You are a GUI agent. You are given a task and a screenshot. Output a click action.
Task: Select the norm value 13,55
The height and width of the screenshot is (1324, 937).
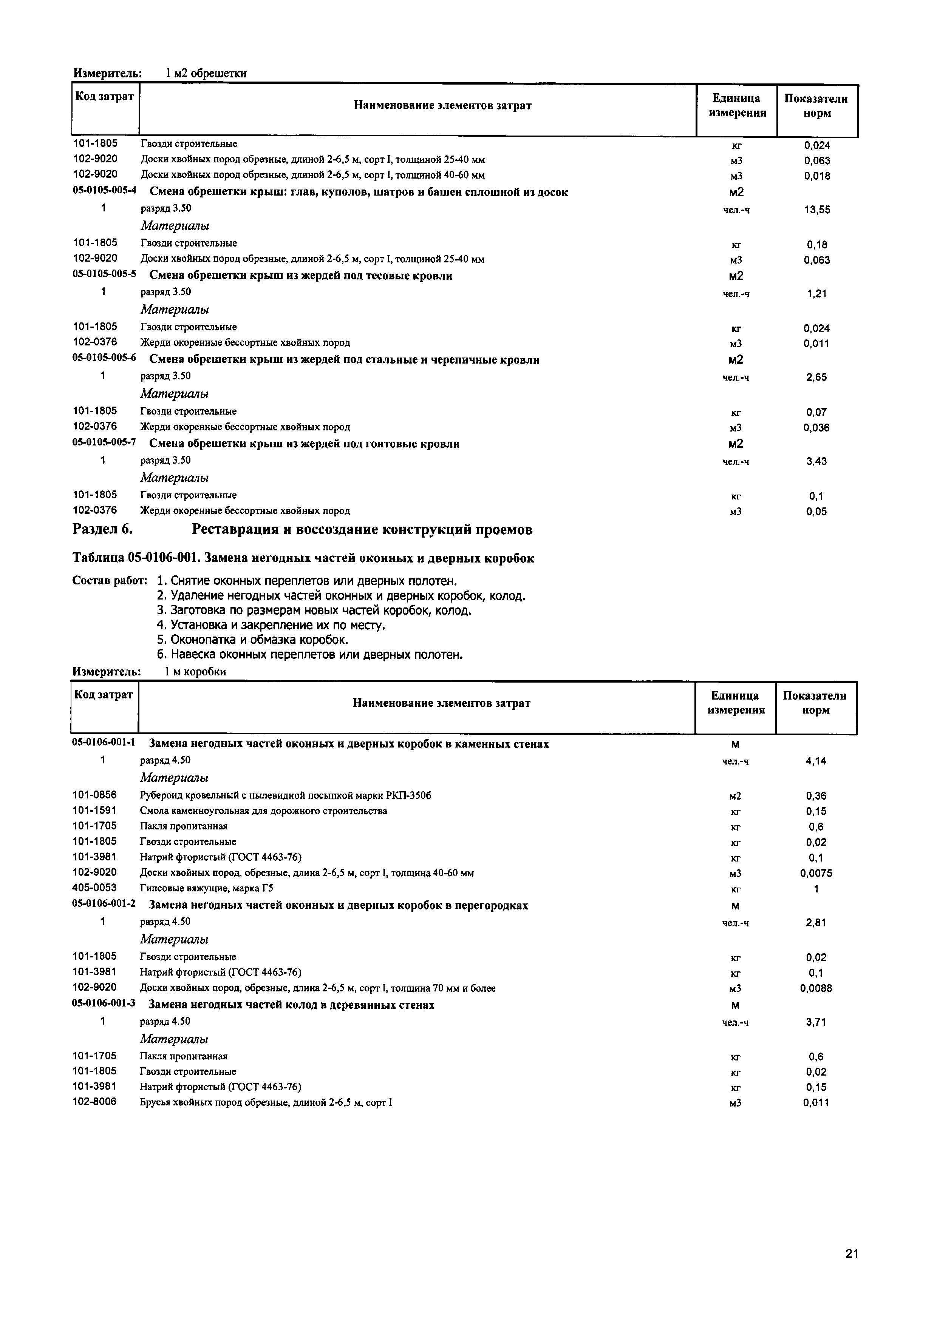(x=816, y=210)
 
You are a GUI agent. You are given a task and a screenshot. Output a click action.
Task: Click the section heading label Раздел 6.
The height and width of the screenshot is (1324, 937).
(x=103, y=529)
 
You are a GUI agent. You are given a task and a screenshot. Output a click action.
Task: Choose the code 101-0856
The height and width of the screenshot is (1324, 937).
(x=94, y=795)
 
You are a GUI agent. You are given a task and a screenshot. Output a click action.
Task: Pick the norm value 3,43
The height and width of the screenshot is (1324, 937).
(x=816, y=461)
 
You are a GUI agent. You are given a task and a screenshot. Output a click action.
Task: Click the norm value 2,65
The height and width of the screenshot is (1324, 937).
(x=816, y=377)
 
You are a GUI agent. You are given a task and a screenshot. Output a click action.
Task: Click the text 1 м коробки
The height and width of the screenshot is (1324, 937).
(x=195, y=671)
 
